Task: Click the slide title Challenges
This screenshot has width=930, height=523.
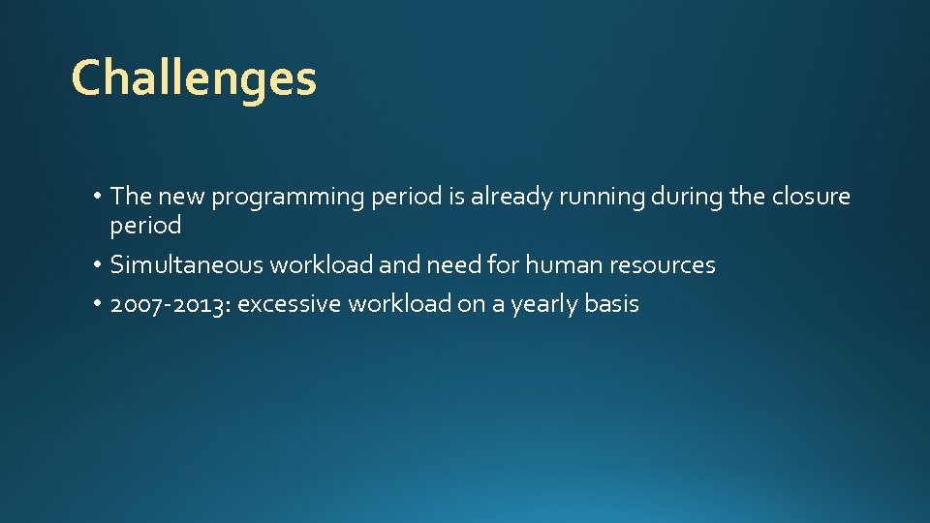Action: pyautogui.click(x=194, y=78)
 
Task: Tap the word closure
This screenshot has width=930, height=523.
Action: pyautogui.click(x=811, y=197)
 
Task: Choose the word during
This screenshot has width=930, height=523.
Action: pyautogui.click(x=687, y=197)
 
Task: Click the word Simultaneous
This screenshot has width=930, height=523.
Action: pyautogui.click(x=187, y=264)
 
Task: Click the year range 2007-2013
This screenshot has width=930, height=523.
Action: pyautogui.click(x=170, y=304)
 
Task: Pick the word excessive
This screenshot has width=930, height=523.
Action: pyautogui.click(x=289, y=304)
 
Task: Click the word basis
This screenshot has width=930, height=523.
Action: pyautogui.click(x=611, y=304)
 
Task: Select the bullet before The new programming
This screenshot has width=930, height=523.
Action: pyautogui.click(x=100, y=198)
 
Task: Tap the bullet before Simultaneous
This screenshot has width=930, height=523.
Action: pyautogui.click(x=100, y=265)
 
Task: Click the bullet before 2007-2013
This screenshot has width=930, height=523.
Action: pyautogui.click(x=100, y=304)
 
